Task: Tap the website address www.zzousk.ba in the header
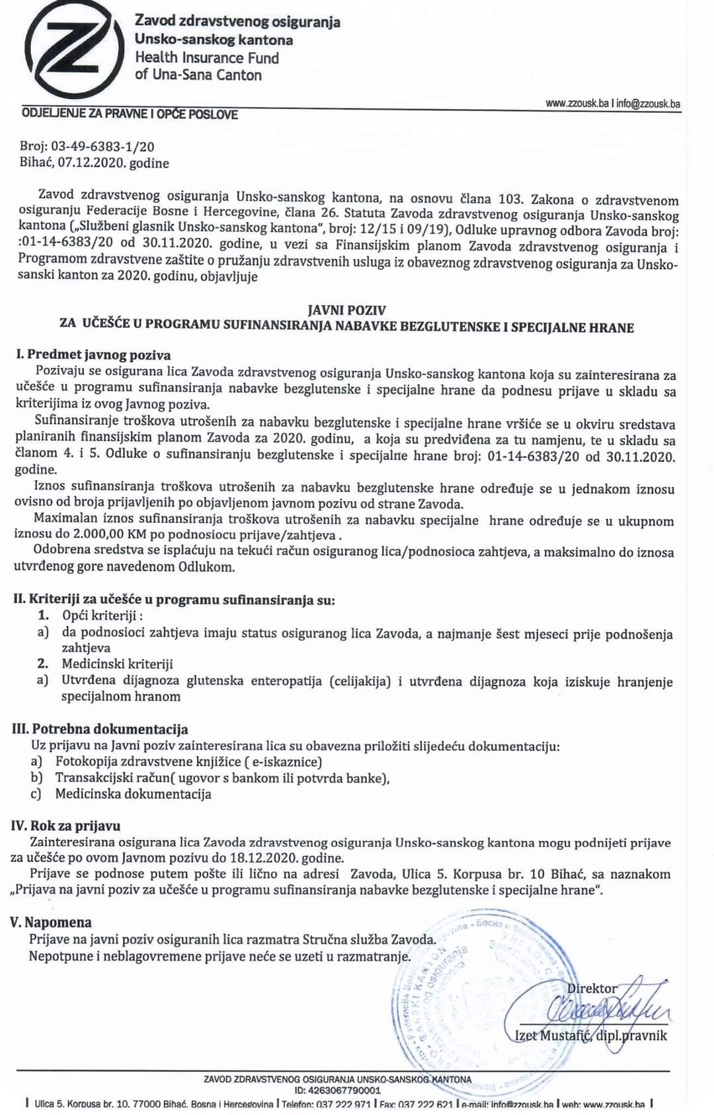576,104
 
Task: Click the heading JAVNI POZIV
347,310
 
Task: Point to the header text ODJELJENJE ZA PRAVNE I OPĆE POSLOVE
130,114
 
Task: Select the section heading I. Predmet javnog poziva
93,355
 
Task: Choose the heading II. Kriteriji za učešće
174,599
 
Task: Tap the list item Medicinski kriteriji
117,664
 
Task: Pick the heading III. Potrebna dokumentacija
100,729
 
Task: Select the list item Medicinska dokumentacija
133,794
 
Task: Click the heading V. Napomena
51,922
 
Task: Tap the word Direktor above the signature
592,988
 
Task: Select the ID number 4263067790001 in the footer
344,1090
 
